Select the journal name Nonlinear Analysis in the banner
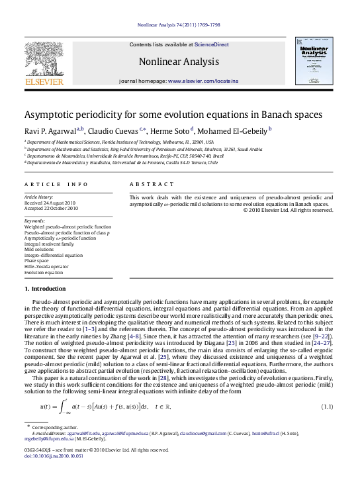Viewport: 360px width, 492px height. [x=169, y=62]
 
